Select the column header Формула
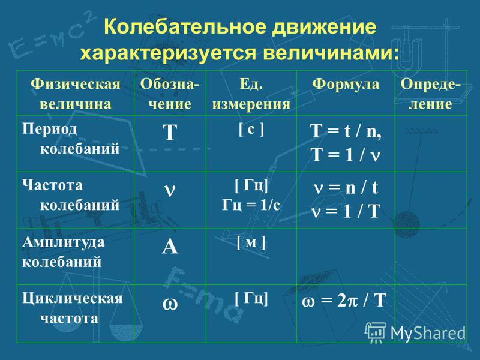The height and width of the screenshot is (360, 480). pos(346,84)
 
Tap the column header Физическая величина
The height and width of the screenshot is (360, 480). pos(76,94)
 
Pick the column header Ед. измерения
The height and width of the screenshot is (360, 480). pos(251,94)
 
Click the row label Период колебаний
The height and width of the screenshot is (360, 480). pos(71,139)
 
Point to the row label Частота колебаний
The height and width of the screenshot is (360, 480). pos(71,196)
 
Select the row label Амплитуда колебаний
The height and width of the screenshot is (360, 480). pos(64,252)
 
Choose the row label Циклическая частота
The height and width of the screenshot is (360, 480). pos(73,308)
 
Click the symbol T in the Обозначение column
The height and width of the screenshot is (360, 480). pos(170,133)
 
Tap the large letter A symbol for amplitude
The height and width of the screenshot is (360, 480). pos(170,246)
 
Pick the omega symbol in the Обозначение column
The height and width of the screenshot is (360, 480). pos(170,304)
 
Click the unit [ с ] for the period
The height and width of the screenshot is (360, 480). pos(251,129)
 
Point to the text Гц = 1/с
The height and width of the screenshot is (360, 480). pos(251,205)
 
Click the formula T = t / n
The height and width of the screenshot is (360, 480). pos(346,131)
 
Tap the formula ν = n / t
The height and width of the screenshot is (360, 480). pos(346,187)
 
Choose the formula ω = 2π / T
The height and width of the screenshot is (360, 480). pos(344,301)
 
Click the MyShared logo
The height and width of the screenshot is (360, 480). pos(416,332)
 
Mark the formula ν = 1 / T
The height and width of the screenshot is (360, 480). pos(346,211)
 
